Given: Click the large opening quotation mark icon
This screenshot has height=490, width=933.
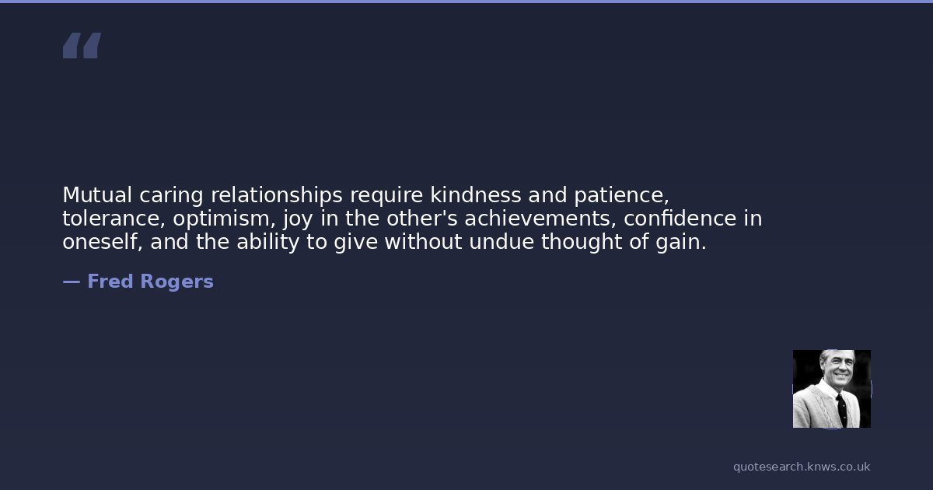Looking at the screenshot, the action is (82, 45).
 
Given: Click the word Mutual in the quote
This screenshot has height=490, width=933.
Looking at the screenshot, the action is (97, 194).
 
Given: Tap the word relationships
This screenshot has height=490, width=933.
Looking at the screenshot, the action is (277, 195).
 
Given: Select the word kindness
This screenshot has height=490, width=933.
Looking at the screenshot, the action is (475, 194).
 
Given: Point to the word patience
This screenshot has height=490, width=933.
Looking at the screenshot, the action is (621, 196).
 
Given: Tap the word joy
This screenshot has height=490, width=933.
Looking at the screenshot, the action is (298, 219).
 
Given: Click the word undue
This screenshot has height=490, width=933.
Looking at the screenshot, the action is (501, 242).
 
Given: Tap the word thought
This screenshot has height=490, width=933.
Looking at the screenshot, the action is (582, 243).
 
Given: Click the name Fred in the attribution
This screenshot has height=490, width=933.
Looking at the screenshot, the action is (110, 282).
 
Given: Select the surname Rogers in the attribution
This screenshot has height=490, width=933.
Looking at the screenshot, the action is (177, 282).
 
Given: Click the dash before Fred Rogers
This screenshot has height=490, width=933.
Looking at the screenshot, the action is (72, 282).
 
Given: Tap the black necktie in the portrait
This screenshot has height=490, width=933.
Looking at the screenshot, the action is (842, 411).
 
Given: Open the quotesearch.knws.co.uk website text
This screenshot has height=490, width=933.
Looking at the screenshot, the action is (802, 467).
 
